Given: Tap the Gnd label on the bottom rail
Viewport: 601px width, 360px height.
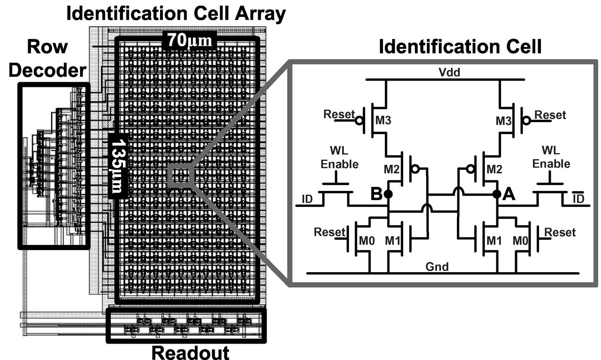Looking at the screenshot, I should (x=437, y=267).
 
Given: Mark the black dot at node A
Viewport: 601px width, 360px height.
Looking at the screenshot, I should (x=497, y=194).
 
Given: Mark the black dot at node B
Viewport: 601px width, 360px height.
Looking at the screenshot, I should (x=388, y=194).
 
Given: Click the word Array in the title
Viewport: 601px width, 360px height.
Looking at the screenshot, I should (x=259, y=14).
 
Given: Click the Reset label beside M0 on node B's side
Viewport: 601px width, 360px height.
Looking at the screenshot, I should (x=329, y=232).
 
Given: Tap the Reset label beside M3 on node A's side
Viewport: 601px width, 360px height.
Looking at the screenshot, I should (x=550, y=115).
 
